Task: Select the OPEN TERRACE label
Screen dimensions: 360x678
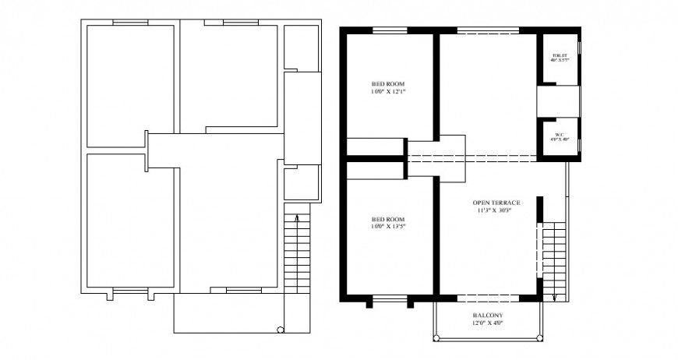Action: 496,203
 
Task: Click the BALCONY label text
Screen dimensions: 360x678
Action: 487,316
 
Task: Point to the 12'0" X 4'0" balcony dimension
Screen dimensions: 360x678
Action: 487,323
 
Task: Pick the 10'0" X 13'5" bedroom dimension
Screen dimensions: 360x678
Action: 388,227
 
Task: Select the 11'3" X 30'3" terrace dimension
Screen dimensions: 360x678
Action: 496,210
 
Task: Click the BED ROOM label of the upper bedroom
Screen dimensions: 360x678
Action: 388,84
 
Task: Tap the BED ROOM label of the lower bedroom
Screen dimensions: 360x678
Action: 388,219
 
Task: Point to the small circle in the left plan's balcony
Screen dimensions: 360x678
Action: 281,330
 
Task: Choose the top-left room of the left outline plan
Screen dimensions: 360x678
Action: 130,86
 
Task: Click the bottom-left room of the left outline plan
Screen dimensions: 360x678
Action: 130,221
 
